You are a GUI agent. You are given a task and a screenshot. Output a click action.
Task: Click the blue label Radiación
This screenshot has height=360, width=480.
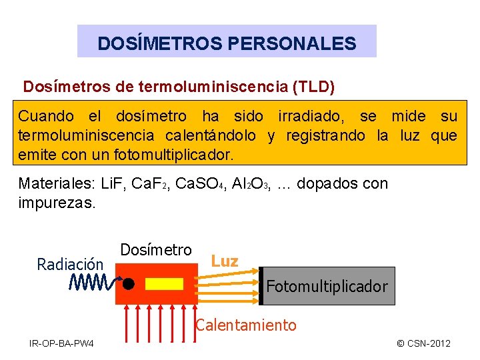[x=71, y=265]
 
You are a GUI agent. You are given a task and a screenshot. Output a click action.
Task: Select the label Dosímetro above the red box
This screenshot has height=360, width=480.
[x=156, y=250]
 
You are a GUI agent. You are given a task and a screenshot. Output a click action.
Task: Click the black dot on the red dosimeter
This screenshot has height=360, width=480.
[x=129, y=283]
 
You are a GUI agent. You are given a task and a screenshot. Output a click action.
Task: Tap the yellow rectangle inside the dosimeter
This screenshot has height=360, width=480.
[x=164, y=283]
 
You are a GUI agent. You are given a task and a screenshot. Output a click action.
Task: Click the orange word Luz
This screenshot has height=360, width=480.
[x=225, y=261]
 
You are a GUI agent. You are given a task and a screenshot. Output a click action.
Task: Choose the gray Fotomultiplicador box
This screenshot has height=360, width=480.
[x=327, y=287]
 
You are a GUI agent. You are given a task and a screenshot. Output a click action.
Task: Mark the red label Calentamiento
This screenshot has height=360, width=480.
[x=245, y=325]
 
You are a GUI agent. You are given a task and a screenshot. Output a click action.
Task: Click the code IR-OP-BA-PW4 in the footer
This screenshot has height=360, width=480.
[x=61, y=343]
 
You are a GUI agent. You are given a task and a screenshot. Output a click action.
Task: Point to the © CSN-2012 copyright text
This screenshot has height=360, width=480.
[x=423, y=343]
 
